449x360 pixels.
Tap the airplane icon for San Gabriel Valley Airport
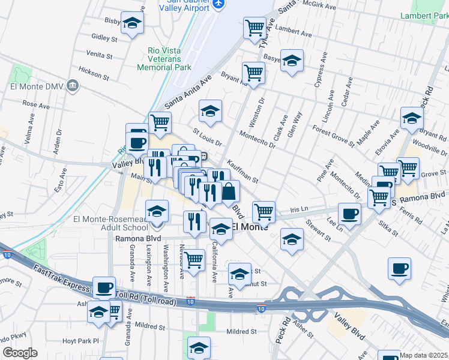point(218,4)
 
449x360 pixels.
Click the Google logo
point(20,353)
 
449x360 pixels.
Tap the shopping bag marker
point(229,192)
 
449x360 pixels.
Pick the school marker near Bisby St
point(132,23)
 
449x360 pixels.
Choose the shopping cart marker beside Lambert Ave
point(255,27)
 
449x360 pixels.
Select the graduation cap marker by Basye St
point(292,61)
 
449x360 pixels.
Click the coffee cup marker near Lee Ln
point(349,213)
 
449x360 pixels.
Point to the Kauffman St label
point(243,172)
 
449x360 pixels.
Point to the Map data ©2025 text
point(424,355)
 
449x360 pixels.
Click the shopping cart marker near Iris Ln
point(264,211)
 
